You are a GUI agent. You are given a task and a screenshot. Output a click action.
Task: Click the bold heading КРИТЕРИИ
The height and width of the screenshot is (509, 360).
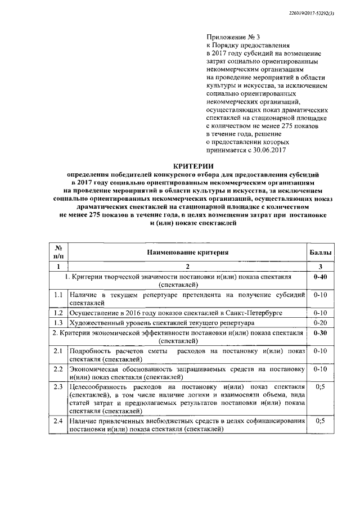click(x=188, y=167)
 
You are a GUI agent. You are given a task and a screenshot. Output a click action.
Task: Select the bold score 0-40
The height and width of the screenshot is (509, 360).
click(x=320, y=278)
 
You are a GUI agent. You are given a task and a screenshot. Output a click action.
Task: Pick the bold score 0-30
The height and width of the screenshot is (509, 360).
click(x=320, y=334)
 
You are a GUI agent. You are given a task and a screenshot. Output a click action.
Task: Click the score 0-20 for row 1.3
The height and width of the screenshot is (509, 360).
click(x=320, y=323)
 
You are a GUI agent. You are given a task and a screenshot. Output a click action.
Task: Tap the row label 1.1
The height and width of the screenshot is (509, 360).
click(x=57, y=295)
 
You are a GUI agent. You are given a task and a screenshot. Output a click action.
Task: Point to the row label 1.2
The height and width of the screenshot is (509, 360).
click(x=57, y=312)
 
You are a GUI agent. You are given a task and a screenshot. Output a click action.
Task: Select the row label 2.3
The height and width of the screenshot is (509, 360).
click(x=57, y=388)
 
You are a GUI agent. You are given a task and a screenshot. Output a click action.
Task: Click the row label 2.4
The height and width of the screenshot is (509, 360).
click(x=57, y=421)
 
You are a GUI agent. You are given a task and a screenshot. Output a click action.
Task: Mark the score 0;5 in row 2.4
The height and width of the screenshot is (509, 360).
click(x=320, y=421)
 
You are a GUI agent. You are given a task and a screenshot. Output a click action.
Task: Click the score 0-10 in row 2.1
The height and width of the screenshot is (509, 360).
click(x=320, y=351)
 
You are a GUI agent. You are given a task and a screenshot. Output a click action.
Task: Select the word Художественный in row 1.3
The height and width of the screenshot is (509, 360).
click(x=94, y=323)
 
